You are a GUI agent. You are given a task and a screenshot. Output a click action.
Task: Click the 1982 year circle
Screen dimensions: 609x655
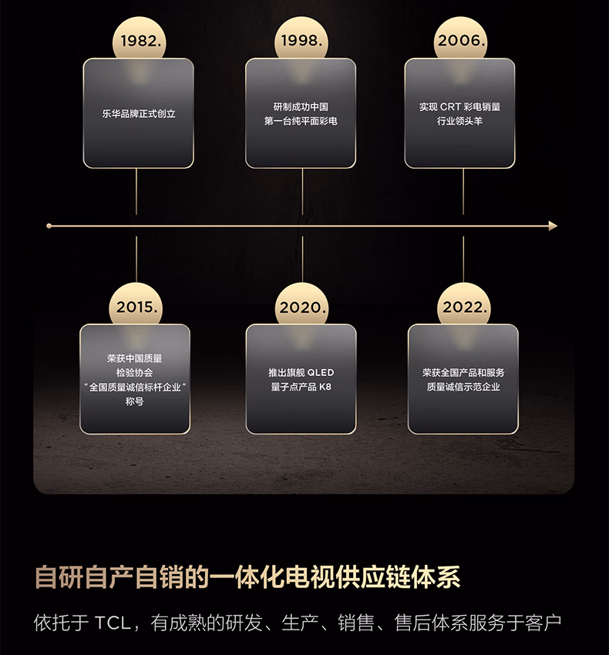tap(139, 40)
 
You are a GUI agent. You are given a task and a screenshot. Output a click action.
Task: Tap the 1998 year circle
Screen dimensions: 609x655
tap(301, 40)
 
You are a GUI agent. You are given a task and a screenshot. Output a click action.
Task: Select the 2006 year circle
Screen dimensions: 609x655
tap(462, 40)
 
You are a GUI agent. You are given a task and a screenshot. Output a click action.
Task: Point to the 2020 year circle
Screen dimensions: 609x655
tap(302, 307)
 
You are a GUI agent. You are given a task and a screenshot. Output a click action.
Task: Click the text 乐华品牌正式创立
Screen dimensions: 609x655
tap(139, 113)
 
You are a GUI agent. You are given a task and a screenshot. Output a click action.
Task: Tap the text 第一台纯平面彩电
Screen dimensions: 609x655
tap(301, 121)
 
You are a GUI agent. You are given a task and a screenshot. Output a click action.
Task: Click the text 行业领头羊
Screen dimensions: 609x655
tap(460, 121)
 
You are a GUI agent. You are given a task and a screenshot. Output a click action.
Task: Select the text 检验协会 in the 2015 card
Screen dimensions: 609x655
tap(135, 372)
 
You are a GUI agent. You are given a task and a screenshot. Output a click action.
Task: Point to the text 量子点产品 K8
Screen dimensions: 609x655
tap(301, 387)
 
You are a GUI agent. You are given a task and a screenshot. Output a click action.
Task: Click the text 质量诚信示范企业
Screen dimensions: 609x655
tap(463, 387)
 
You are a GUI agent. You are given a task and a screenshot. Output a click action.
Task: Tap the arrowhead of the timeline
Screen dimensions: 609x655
tap(552, 226)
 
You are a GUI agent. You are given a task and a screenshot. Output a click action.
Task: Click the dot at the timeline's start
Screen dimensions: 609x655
tap(49, 226)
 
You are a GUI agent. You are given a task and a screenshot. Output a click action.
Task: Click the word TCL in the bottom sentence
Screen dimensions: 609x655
tap(113, 623)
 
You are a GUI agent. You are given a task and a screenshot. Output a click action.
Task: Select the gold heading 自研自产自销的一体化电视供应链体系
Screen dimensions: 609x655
tap(248, 577)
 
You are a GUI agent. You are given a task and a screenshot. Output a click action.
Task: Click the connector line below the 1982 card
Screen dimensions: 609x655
tap(136, 191)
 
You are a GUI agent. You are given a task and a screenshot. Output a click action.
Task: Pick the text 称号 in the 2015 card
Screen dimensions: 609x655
tap(135, 401)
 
